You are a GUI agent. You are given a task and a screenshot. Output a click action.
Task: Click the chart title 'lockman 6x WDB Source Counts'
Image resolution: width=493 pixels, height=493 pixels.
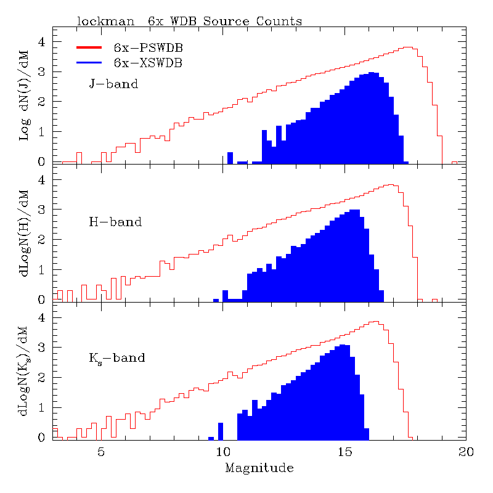tap(189, 21)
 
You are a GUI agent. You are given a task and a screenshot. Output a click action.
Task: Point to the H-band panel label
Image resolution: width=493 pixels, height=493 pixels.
tap(115, 222)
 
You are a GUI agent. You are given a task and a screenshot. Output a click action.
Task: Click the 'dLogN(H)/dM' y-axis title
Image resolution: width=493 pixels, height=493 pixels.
tap(24, 234)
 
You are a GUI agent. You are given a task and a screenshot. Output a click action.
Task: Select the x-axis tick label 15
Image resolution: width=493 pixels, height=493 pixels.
tap(344, 452)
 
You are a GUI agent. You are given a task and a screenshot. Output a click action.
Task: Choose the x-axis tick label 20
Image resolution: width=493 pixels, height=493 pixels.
tap(465, 452)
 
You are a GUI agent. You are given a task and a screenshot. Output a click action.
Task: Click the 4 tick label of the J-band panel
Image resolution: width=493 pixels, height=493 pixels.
tap(43, 42)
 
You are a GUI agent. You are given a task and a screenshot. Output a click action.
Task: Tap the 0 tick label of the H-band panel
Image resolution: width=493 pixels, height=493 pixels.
tap(43, 299)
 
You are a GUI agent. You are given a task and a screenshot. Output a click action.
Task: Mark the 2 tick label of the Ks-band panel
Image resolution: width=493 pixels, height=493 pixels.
tap(43, 377)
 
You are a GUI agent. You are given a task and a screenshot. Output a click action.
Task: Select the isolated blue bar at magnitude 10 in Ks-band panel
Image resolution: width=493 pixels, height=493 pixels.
tap(221, 431)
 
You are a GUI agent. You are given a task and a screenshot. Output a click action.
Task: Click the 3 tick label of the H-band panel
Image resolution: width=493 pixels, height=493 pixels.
tap(43, 210)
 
